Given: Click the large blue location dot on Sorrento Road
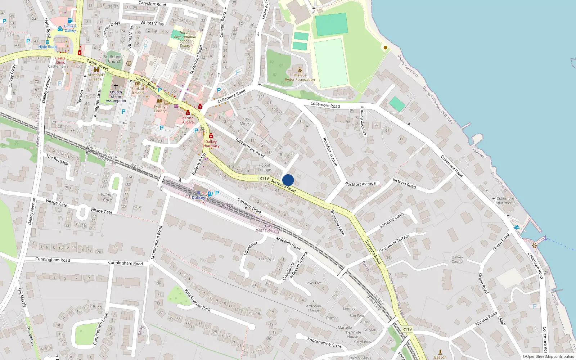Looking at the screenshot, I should coord(288,180).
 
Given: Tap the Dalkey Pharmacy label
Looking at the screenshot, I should coord(211,144).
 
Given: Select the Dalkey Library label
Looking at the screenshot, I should coord(160,109).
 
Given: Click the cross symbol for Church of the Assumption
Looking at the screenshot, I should coord(116,86).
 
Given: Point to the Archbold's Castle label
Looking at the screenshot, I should coord(96,77).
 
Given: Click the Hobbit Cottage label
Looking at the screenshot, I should coord(264,167).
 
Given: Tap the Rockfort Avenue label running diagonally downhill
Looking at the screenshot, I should coord(330,152).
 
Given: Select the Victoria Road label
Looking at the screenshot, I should coord(404,183).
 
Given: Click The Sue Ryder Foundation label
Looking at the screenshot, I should coord(300,77).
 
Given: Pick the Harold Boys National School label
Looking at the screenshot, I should coord(185,39).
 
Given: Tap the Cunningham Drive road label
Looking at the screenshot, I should coord(100,329).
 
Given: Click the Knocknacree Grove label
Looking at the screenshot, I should coord(324,342).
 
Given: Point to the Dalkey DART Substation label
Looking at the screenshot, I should coord(269,229).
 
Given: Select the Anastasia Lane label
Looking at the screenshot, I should coord(338,222).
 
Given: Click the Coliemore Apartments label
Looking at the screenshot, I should coord(505,201).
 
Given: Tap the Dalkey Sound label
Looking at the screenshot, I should coord(457,259).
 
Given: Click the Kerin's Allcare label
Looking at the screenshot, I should coord(188,120).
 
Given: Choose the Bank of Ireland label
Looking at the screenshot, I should coord(138,91).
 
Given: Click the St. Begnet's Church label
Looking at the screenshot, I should coord(114,59).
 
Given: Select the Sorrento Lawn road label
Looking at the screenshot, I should coord(392,220).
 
